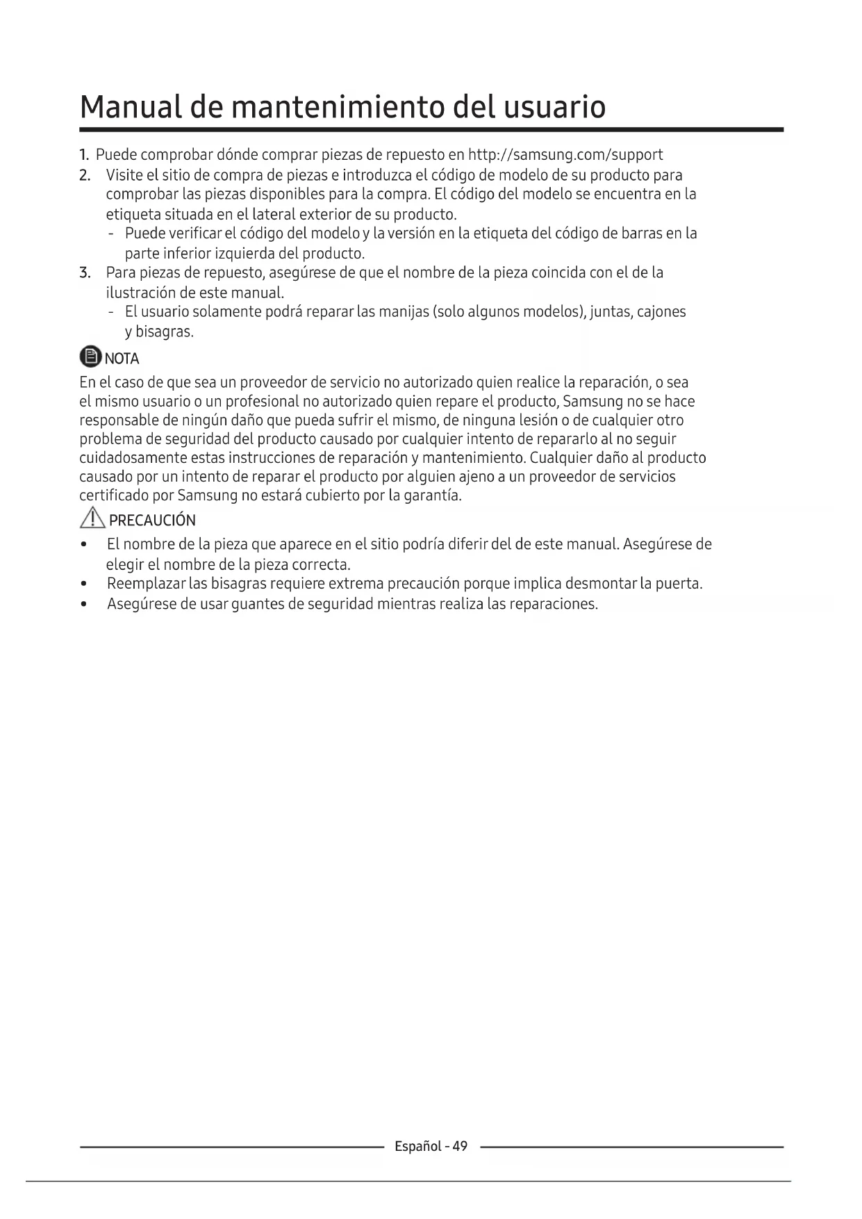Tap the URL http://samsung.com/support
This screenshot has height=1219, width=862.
[x=565, y=155]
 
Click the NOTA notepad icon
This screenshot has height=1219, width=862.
[x=90, y=357]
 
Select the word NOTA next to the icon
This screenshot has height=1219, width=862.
[x=122, y=359]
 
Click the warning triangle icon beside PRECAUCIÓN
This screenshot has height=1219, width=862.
[x=92, y=518]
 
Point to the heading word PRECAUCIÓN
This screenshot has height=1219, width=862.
[x=152, y=521]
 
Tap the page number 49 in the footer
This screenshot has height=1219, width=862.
[x=460, y=1146]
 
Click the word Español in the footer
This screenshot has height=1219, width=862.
[x=417, y=1146]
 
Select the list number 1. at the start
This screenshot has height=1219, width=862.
[x=84, y=155]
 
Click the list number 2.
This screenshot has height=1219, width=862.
[x=85, y=175]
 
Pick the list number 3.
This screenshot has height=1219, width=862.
[x=85, y=272]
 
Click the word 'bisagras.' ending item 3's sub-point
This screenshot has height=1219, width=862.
[x=165, y=332]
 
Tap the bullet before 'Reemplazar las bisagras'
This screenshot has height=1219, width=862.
[x=84, y=584]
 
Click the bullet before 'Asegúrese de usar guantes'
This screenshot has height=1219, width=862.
[x=84, y=604]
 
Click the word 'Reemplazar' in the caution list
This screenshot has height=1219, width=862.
[x=146, y=584]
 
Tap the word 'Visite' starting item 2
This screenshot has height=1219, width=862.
[x=124, y=175]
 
